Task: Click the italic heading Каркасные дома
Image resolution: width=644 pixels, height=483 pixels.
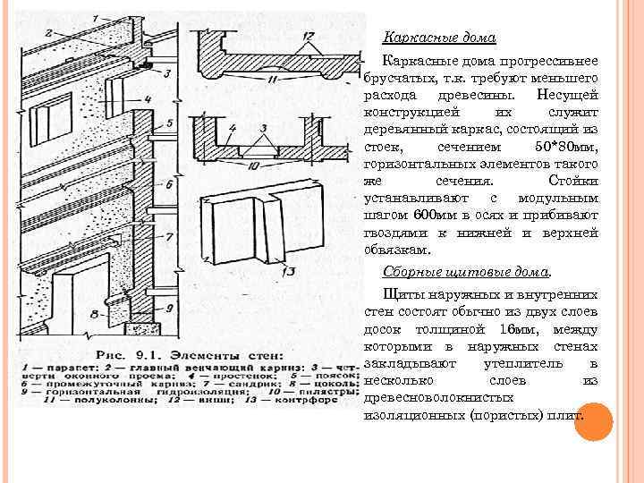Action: pyautogui.click(x=439, y=38)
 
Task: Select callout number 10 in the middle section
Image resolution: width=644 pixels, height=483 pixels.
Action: pyautogui.click(x=254, y=166)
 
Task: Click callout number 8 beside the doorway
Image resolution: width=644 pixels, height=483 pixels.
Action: pyautogui.click(x=96, y=313)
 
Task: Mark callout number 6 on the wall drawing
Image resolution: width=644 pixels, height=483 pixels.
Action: pyautogui.click(x=171, y=184)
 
